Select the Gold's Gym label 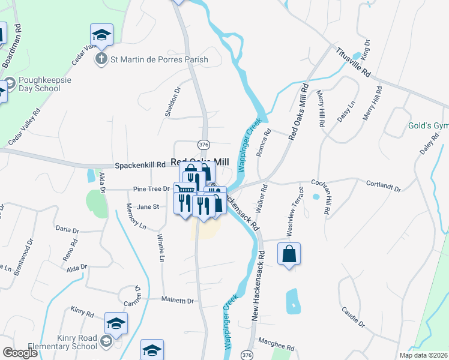click(x=427, y=126)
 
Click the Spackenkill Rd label click(x=140, y=164)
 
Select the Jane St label click(x=148, y=207)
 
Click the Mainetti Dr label click(x=178, y=300)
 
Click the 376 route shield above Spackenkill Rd click(x=204, y=144)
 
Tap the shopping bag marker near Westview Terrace click(x=289, y=254)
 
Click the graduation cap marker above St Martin click(x=101, y=35)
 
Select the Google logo click(x=20, y=353)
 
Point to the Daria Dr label click(x=67, y=229)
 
